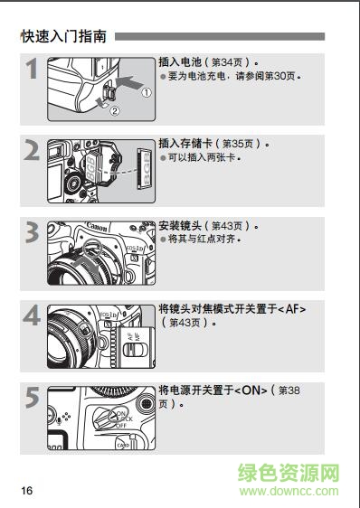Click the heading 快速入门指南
(x=63, y=37)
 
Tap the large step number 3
(x=33, y=235)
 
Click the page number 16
(x=27, y=491)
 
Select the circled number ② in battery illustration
(x=114, y=112)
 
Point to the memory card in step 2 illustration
(x=143, y=168)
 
